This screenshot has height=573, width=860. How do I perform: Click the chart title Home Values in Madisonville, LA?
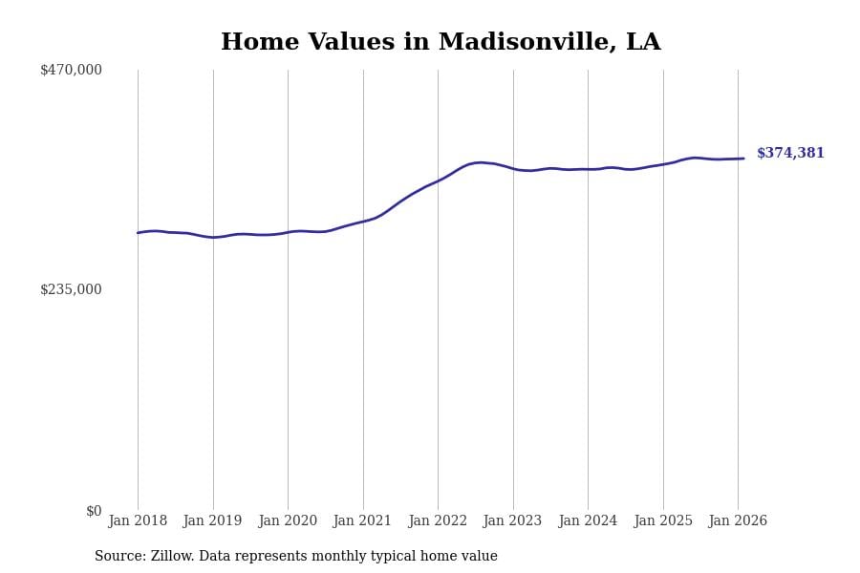tap(441, 43)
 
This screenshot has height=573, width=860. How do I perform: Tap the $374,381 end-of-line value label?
tap(790, 154)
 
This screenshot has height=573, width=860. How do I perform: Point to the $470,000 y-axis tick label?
tap(71, 70)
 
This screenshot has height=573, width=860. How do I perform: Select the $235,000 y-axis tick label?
tap(71, 289)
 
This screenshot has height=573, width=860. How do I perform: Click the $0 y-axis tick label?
tap(94, 511)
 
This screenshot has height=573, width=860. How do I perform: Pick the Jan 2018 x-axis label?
tap(138, 521)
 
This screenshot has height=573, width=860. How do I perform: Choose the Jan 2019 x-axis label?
tap(212, 521)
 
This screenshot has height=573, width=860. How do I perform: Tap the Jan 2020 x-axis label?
tap(288, 521)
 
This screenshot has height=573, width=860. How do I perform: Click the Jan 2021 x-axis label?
tap(362, 521)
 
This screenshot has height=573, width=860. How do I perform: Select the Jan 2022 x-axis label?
tap(438, 521)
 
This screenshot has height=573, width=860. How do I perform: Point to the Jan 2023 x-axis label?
tap(512, 521)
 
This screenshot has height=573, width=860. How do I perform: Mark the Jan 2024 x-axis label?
tap(588, 521)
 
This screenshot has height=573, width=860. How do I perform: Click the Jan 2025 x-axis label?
tap(663, 521)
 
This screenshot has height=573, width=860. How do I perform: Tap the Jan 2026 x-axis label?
tap(738, 521)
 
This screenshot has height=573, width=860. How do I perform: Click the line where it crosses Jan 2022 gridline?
tap(438, 180)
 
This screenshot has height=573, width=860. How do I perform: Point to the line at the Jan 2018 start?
tap(138, 233)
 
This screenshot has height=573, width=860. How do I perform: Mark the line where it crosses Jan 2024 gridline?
tap(588, 169)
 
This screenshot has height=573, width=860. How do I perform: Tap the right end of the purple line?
tap(743, 159)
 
